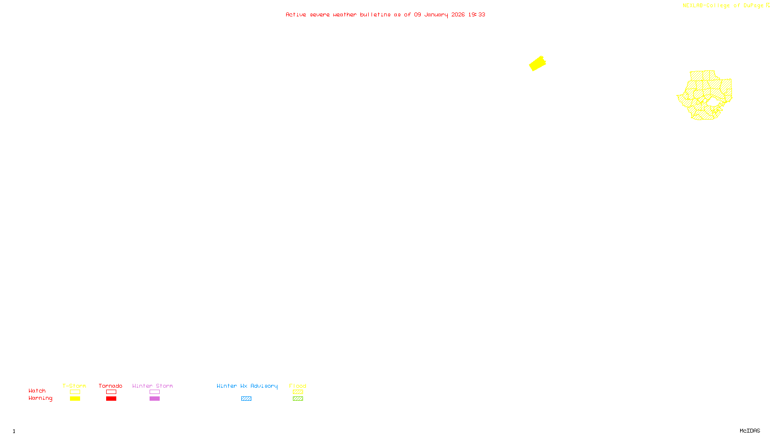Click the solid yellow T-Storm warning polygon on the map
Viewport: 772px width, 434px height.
pos(537,63)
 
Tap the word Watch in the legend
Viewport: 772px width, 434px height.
pos(37,391)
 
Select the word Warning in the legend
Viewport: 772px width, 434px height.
pos(40,398)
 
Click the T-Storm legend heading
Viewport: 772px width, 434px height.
pos(74,386)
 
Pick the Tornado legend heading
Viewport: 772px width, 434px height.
pos(110,386)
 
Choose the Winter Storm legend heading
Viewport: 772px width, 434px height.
pos(152,386)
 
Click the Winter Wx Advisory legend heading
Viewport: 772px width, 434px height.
pos(247,386)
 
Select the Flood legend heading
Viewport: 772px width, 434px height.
pos(298,386)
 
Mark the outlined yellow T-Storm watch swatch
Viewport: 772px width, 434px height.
pos(75,392)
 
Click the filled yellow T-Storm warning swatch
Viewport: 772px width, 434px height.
pos(75,399)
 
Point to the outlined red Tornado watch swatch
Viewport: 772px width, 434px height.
pos(111,392)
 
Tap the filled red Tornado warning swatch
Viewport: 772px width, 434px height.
pos(111,399)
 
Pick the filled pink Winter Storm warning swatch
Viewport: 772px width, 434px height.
pos(154,399)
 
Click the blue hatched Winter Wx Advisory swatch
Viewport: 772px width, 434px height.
pos(246,399)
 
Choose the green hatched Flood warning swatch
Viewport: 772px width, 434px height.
pos(298,399)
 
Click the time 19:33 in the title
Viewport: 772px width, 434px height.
pos(477,14)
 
